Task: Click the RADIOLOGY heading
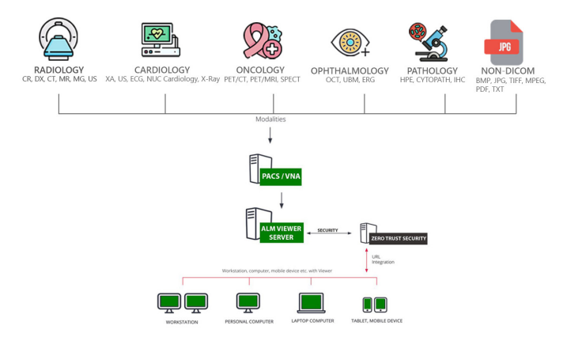(59, 70)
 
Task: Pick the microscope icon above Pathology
(428, 42)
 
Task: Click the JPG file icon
(507, 42)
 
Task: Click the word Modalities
(270, 119)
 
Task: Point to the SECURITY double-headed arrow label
(327, 231)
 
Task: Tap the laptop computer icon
(310, 303)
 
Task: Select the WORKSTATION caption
(182, 322)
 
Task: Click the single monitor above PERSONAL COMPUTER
(248, 302)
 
